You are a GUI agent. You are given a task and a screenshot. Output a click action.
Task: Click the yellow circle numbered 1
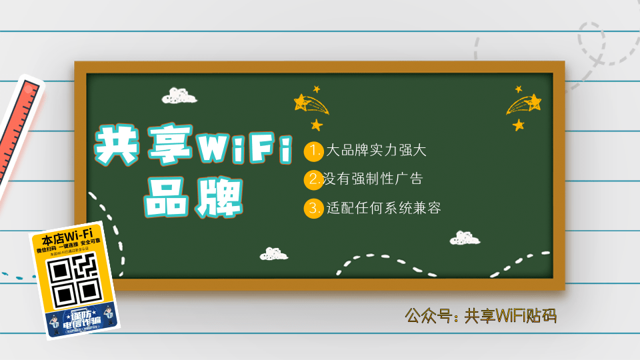pyautogui.click(x=313, y=151)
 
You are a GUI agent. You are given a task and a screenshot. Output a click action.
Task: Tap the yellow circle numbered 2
pyautogui.click(x=313, y=180)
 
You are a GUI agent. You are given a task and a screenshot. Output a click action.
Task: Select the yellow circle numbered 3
pyautogui.click(x=313, y=209)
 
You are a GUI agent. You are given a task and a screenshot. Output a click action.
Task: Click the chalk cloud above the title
pyautogui.click(x=179, y=96)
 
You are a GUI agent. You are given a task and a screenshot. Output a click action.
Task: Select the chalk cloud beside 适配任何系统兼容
pyautogui.click(x=465, y=238)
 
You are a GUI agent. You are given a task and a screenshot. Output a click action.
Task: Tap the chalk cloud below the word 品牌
pyautogui.click(x=274, y=254)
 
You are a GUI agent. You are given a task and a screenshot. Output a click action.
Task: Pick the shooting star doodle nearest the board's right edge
pyautogui.click(x=523, y=105)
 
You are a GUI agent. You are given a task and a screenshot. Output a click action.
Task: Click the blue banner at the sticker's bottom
pyautogui.click(x=83, y=321)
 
